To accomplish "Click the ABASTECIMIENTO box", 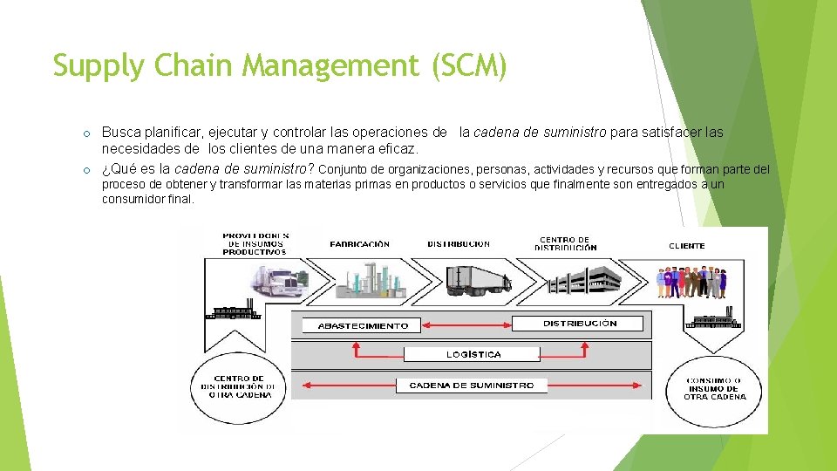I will pyautogui.click(x=363, y=326).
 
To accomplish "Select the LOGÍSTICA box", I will pyautogui.click(x=473, y=354).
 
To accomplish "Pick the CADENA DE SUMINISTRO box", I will pyautogui.click(x=472, y=385).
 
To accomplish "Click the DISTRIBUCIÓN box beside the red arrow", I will pyautogui.click(x=579, y=324).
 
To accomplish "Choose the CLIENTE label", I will pyautogui.click(x=687, y=246).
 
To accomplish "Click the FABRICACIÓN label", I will pyautogui.click(x=360, y=244).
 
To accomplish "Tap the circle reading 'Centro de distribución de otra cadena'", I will pyautogui.click(x=238, y=386).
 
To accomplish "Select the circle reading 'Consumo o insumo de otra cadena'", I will pyautogui.click(x=715, y=389).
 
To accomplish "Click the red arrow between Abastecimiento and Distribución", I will pyautogui.click(x=467, y=324).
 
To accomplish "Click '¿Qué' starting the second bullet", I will pyautogui.click(x=116, y=168).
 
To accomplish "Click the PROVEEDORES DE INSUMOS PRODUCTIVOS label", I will pyautogui.click(x=255, y=243).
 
